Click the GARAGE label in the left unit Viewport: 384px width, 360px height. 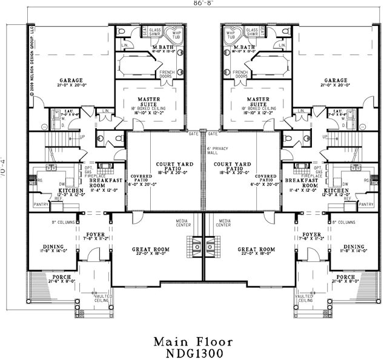71,80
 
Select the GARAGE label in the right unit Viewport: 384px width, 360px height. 335,80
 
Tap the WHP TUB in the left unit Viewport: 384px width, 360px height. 176,35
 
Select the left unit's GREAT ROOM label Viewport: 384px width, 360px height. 151,249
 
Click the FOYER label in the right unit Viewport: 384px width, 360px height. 311,234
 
